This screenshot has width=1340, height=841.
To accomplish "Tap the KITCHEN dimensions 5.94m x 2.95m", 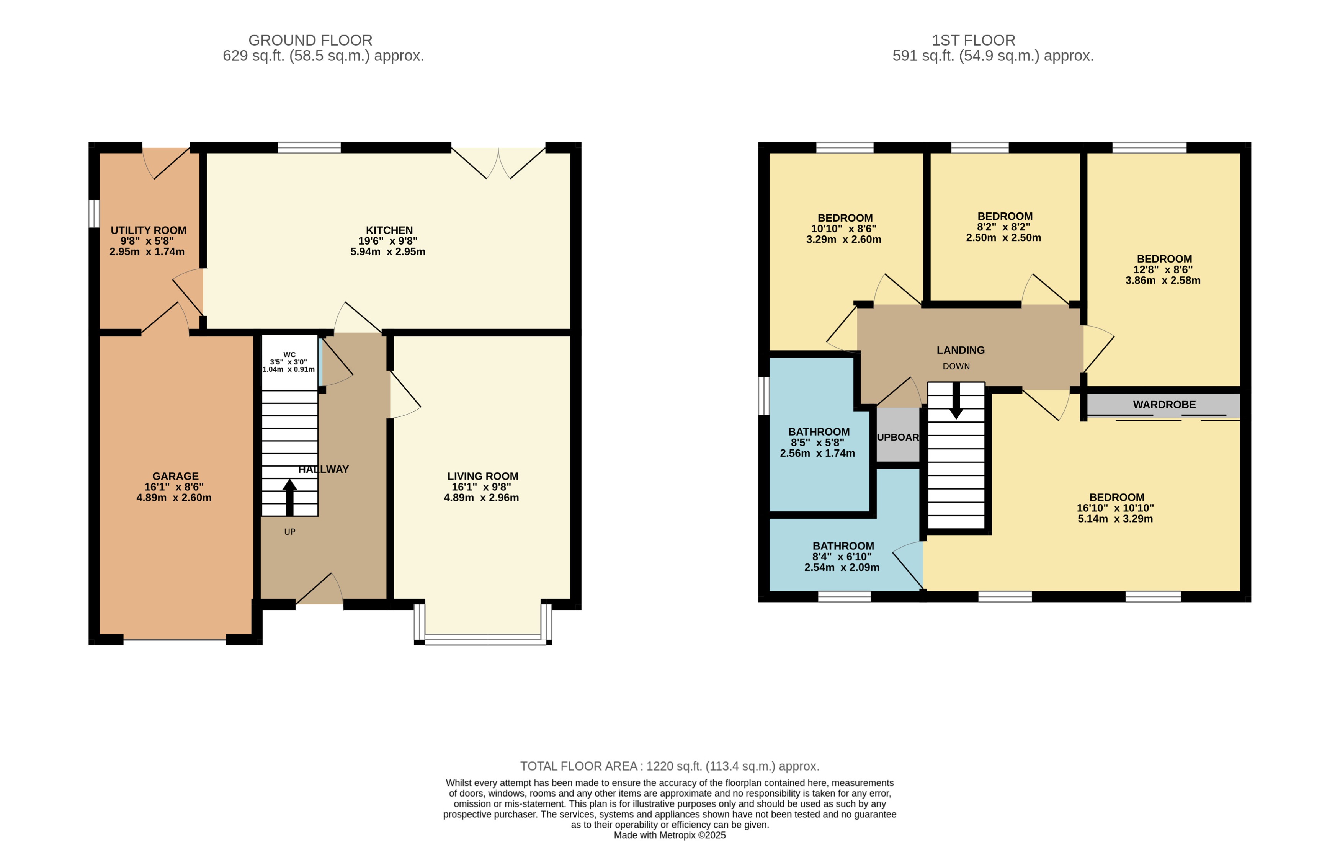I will (x=388, y=251).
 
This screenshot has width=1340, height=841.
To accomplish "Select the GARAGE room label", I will (x=175, y=476).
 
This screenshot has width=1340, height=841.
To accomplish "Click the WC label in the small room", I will (x=289, y=354).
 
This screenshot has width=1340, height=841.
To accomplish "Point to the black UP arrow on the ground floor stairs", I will (x=289, y=497).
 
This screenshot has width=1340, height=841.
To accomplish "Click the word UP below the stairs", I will (x=289, y=532).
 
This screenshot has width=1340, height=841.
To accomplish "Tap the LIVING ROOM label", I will (x=482, y=476).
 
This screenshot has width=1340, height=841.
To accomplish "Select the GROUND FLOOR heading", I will (x=310, y=40).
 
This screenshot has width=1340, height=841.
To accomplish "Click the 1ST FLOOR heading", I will (x=974, y=40).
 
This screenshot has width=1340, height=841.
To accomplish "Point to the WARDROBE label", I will (x=1164, y=404).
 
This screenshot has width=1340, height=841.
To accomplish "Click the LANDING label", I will (x=960, y=350).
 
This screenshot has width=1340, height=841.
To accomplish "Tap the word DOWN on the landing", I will (x=956, y=366).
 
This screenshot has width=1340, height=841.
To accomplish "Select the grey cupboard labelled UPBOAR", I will (x=897, y=437).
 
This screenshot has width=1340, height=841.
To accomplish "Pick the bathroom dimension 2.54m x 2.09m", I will (x=842, y=567).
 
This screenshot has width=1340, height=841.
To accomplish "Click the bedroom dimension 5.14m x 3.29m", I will (x=1115, y=518).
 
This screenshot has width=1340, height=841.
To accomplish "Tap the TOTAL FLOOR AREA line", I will (x=670, y=766).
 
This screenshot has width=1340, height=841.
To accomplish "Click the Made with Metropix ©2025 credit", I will (x=670, y=835).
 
